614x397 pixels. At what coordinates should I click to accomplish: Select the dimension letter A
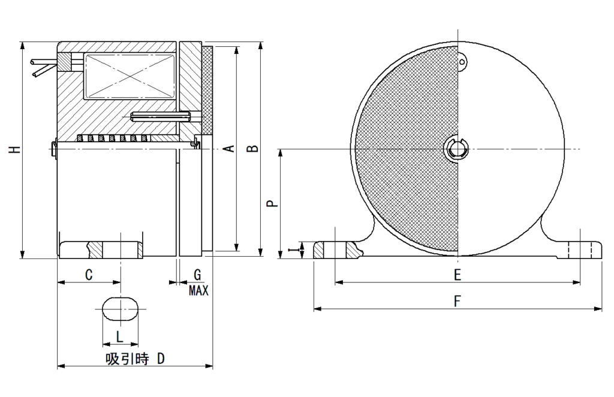(228, 149)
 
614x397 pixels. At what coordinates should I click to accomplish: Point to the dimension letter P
(272, 204)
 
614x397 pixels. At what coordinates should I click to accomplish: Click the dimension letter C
(89, 275)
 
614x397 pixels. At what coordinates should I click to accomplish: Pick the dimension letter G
(197, 275)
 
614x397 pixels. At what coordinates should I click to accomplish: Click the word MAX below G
(198, 291)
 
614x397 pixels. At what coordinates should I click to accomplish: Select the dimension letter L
(119, 337)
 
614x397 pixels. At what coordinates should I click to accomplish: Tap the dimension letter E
(457, 275)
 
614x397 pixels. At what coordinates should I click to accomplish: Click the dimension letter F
(457, 302)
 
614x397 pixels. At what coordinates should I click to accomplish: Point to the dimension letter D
(161, 359)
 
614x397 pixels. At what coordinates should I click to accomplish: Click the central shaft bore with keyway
(458, 149)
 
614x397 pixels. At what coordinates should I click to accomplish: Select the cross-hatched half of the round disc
(408, 150)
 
